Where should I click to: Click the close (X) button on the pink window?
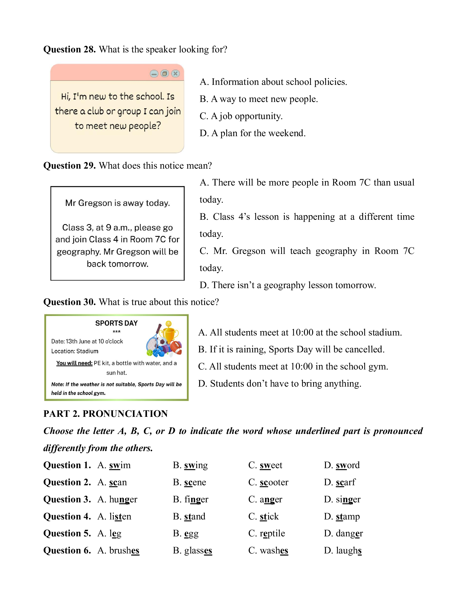(x=175, y=73)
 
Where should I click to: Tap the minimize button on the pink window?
(x=154, y=74)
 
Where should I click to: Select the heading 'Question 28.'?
(x=69, y=49)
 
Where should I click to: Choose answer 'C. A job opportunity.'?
(x=241, y=116)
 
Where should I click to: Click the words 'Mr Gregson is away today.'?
(x=117, y=203)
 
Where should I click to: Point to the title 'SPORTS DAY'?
(x=116, y=323)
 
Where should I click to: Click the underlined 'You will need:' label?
(x=74, y=363)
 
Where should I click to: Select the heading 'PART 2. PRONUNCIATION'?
(x=105, y=414)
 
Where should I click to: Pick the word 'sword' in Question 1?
(x=348, y=465)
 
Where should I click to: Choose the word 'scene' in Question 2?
(x=195, y=482)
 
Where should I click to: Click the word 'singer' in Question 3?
(x=348, y=500)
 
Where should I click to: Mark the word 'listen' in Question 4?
(x=120, y=516)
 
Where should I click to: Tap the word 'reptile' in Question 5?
(x=272, y=533)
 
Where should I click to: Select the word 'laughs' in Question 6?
(x=348, y=551)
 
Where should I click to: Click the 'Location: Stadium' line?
(x=75, y=351)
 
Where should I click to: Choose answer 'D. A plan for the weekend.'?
(x=252, y=133)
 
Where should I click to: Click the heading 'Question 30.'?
(x=69, y=302)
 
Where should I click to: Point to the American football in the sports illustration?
(x=176, y=347)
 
